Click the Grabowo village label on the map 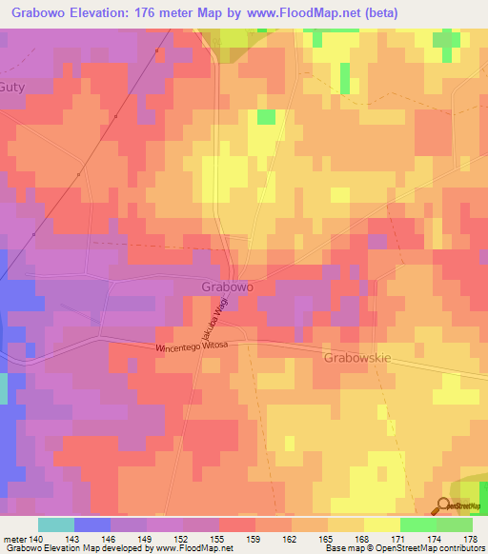pos(227,286)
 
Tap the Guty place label pos(16,86)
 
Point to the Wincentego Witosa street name pos(193,349)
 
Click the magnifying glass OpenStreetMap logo pos(444,506)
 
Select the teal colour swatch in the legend pos(55,524)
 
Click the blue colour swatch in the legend pos(91,524)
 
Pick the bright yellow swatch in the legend pos(381,524)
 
